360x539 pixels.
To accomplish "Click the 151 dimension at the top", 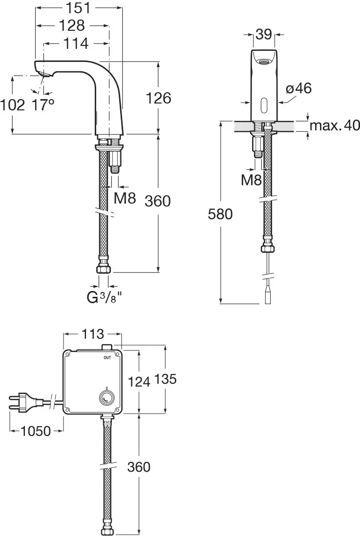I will pos(78,7).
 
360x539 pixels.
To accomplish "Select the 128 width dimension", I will pos(72,25).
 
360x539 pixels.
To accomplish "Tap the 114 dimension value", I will pos(76,43).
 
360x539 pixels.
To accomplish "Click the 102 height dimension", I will pos(13,104).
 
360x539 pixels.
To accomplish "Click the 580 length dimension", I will pos(220,213).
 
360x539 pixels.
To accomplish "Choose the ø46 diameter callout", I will pos(298,88).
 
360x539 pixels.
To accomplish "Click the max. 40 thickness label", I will pos(335,126).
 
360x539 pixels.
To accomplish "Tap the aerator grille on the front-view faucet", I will pos(264,62).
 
